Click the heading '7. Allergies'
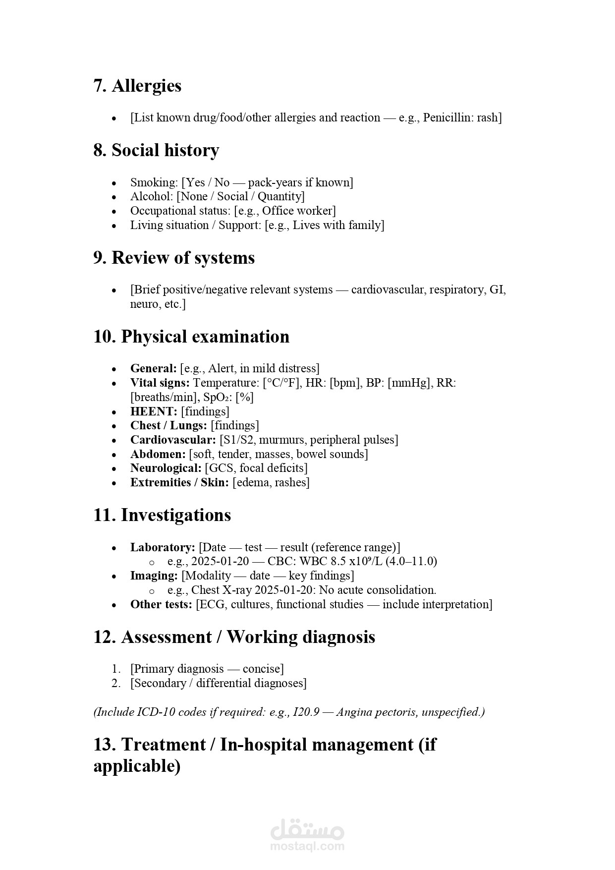137,86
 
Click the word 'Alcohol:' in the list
152,197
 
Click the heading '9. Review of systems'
174,258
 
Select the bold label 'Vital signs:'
160,383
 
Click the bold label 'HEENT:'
154,411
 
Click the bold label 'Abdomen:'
158,455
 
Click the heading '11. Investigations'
162,515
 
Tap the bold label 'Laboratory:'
163,548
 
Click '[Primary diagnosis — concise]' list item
207,669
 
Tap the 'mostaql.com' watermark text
307,846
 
